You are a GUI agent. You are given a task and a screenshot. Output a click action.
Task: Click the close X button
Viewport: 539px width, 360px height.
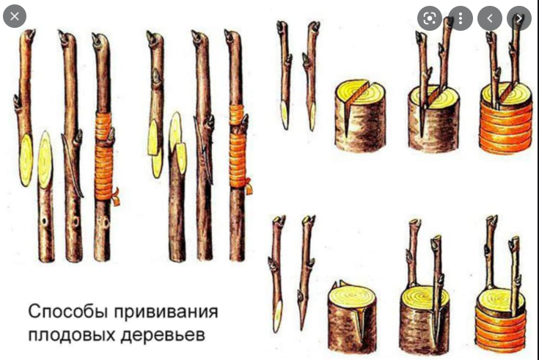coord(15,16)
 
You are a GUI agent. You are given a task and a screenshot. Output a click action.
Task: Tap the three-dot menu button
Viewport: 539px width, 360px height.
coord(461,18)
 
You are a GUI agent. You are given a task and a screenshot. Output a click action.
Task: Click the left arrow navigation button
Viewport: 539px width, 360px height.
coord(490,18)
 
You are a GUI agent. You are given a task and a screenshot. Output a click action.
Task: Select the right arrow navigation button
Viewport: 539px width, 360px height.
coord(519,18)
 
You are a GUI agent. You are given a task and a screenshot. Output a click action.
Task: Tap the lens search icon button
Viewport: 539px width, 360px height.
coord(430,18)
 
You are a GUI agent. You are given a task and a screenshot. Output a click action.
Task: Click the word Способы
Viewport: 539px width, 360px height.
coord(68,312)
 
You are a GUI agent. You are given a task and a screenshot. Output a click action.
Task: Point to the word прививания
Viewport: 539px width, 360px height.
coord(166,312)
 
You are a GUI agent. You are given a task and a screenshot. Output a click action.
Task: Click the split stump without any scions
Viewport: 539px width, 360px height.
coord(360,116)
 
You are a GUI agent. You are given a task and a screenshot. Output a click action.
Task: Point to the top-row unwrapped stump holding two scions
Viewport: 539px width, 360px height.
coord(433,117)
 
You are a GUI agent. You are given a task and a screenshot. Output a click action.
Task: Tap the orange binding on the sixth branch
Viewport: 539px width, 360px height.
coord(237,148)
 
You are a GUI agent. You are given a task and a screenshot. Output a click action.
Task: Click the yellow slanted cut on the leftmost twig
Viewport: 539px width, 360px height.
coord(26,161)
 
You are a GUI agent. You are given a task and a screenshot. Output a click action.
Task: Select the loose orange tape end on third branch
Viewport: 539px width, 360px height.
coord(116,196)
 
